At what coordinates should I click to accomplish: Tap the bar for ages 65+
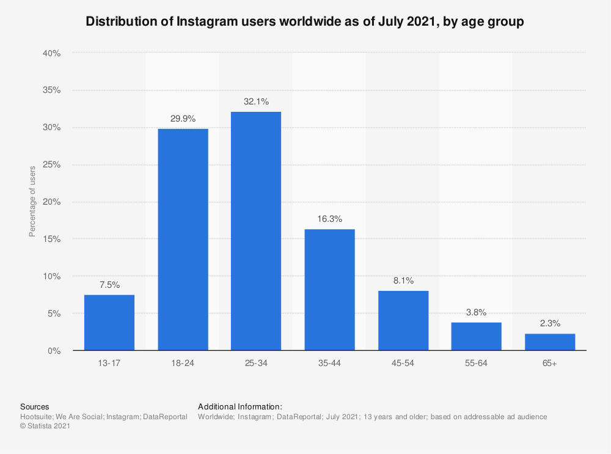coord(550,342)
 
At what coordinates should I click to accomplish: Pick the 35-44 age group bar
coord(329,290)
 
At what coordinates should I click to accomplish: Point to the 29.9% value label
coord(183,119)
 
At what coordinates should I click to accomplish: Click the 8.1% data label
coord(403,281)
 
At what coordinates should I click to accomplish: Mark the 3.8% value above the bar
coord(477,313)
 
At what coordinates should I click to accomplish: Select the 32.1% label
coord(256,102)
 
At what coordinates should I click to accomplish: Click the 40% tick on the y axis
coord(52,54)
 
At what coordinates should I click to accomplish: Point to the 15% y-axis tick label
coord(52,239)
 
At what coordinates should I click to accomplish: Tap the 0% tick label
coord(54,351)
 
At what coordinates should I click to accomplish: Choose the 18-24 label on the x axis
coord(183,363)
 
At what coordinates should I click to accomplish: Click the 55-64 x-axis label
coord(477,363)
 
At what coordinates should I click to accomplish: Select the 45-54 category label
coord(403,363)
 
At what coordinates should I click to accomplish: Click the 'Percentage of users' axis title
coord(32,201)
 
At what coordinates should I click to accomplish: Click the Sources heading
coord(35,406)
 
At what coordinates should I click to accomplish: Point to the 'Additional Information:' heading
coord(240,406)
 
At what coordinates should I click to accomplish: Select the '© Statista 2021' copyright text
coord(45,427)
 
